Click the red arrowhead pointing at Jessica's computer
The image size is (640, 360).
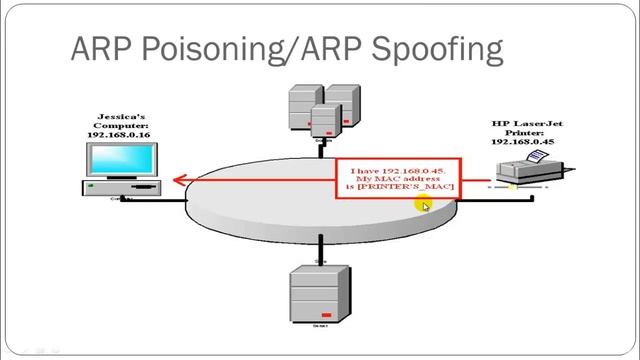pyautogui.click(x=178, y=181)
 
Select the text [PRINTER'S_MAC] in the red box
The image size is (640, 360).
pyautogui.click(x=413, y=187)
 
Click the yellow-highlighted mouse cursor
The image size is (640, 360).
pyautogui.click(x=424, y=205)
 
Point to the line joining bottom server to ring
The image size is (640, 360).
pyautogui.click(x=320, y=247)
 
